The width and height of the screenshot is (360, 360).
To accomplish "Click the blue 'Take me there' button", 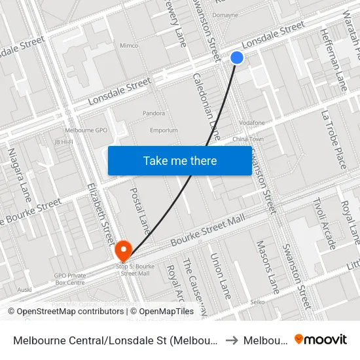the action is coord(180,160).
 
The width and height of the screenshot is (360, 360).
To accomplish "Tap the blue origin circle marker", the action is coord(237,58).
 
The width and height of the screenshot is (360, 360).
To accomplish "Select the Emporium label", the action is coord(164,130).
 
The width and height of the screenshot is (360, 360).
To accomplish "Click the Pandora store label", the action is coord(154,113).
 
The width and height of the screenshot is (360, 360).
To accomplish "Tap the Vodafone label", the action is coord(252,122).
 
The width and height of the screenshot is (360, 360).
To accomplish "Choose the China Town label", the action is coord(248,139).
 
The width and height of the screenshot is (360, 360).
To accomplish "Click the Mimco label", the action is coord(129,46).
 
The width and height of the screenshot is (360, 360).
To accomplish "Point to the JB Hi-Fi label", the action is coord(63,141).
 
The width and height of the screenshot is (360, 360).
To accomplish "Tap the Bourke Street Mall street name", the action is coord(202,234).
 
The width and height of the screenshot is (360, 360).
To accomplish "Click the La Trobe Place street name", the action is coord(333,139).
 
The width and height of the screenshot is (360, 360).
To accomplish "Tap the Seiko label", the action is coord(258,302).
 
